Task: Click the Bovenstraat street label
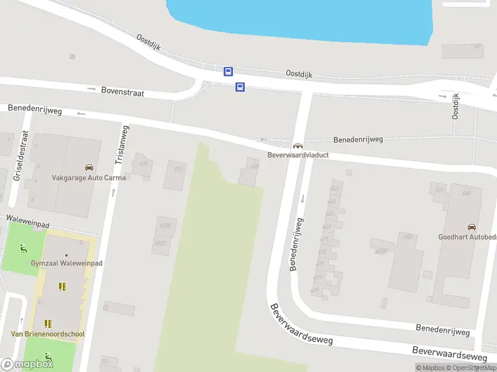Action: (x=123, y=92)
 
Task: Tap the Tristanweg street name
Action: (x=122, y=144)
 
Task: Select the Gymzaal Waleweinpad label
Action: (x=66, y=263)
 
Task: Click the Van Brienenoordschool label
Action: (x=48, y=334)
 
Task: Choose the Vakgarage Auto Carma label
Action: (x=89, y=177)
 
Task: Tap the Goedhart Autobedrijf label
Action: (x=467, y=237)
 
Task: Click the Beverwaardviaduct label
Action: (x=298, y=154)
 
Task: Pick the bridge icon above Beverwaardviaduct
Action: (x=298, y=145)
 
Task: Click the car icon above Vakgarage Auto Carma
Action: (x=89, y=167)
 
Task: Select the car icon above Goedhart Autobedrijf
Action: (x=472, y=227)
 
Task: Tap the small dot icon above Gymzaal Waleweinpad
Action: (x=66, y=254)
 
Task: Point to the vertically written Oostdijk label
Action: (x=456, y=107)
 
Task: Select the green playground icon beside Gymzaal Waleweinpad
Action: (x=24, y=249)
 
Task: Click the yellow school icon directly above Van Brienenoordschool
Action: (x=48, y=324)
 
